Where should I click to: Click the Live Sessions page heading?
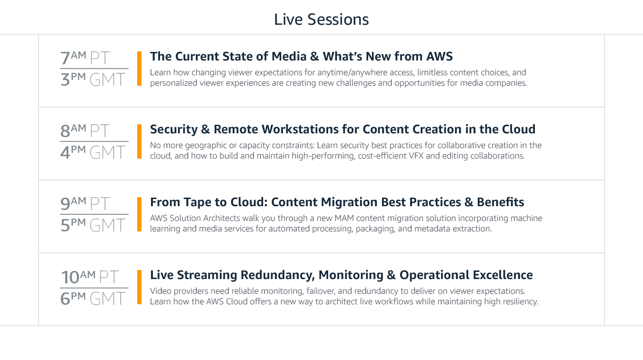pos(321,20)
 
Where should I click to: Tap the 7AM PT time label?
pos(85,58)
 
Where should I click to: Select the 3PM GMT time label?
pos(93,79)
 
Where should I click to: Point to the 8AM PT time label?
pos(85,130)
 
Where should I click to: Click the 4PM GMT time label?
pos(93,152)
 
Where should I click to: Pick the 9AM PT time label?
pos(85,203)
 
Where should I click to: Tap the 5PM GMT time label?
pos(93,225)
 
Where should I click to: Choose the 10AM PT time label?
pos(90,277)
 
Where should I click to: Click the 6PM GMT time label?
pos(93,298)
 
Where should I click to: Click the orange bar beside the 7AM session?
pos(139,69)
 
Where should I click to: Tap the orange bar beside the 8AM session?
pos(139,141)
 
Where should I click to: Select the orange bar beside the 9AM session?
pos(139,214)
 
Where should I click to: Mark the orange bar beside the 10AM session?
pos(139,287)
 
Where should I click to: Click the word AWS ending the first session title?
pos(440,56)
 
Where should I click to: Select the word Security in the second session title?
pos(174,130)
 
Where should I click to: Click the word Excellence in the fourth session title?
pos(503,275)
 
